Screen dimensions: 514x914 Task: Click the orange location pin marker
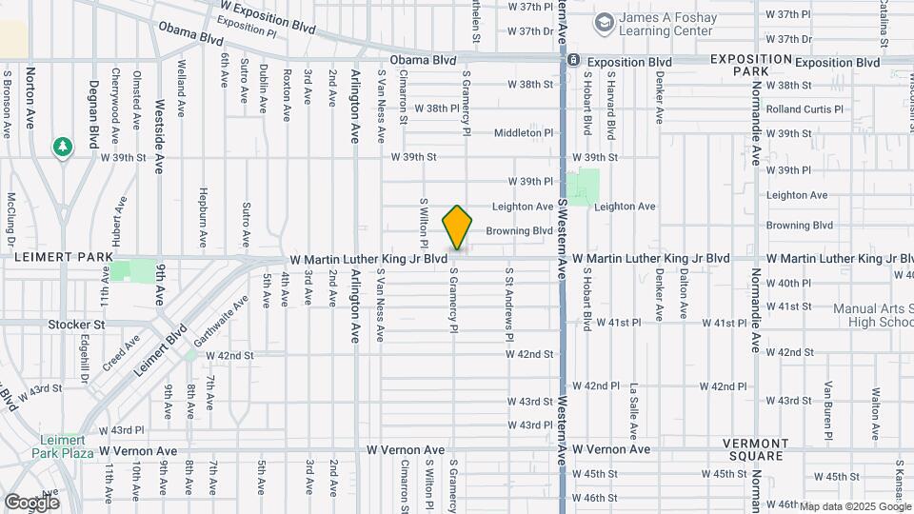coord(458,228)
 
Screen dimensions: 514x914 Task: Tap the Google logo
coord(31,502)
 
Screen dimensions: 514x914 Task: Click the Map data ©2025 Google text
coord(855,506)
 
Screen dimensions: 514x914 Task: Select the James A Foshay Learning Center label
coord(666,24)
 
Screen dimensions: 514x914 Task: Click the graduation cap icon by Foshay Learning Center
coord(604,22)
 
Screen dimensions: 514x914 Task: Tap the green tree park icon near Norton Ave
coord(64,148)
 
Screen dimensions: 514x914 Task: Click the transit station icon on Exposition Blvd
coord(573,61)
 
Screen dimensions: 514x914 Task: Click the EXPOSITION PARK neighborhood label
coord(751,65)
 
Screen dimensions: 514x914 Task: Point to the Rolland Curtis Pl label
coord(805,109)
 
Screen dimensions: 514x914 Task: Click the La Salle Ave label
coord(633,403)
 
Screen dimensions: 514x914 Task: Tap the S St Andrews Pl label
coord(509,305)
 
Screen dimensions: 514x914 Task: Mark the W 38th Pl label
coord(428,109)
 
